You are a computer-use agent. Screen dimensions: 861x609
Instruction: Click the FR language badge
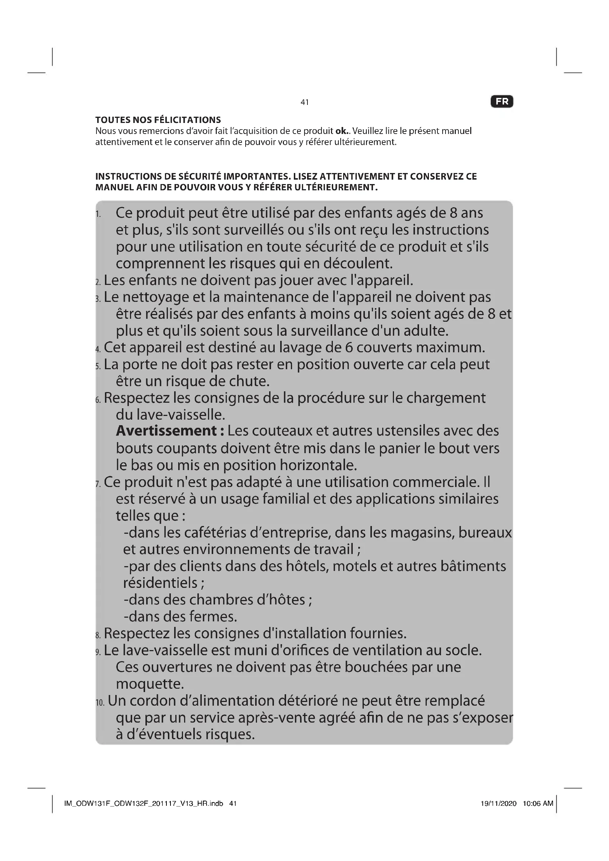pos(502,102)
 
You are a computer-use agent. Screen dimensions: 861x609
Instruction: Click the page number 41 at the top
pos(304,102)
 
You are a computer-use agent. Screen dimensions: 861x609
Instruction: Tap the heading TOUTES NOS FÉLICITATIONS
pos(158,120)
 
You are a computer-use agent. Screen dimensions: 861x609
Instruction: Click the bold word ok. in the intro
pos(342,131)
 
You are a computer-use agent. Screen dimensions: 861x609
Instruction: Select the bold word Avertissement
pos(166,431)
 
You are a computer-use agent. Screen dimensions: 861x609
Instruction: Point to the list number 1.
pos(98,215)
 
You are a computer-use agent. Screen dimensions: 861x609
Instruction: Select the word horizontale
pos(318,465)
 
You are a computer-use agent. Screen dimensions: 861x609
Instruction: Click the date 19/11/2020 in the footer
pos(499,803)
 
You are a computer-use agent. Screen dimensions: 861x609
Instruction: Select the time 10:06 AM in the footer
pos(538,803)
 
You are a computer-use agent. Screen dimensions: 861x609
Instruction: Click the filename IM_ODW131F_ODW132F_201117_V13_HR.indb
pos(144,803)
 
